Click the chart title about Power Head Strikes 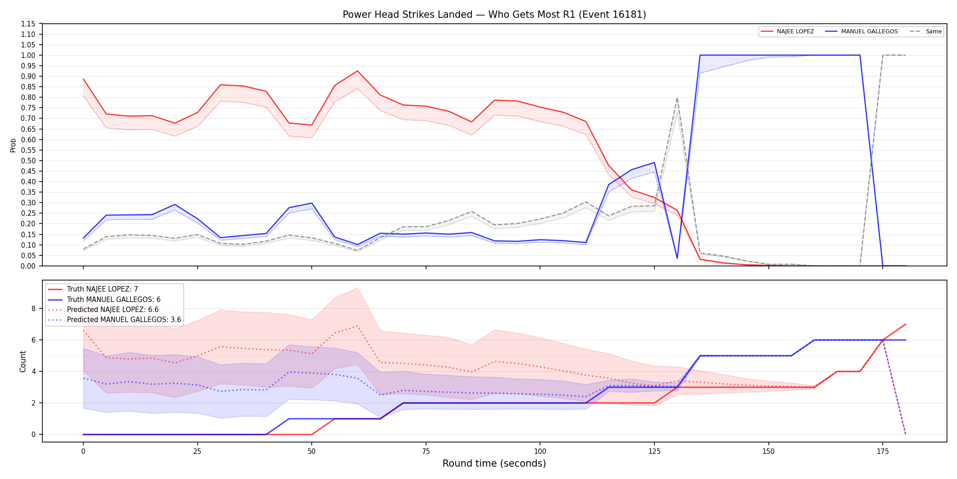click(494, 15)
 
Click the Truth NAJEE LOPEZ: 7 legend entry click(93, 289)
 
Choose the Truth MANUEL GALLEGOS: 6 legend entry click(104, 300)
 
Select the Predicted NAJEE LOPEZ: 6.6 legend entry click(103, 310)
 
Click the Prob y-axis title click(13, 145)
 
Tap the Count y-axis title click(23, 361)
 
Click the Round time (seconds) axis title click(494, 463)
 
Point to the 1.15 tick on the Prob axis click(28, 24)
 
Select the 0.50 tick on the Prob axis click(28, 161)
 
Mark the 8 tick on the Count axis click(33, 308)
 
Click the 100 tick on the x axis click(540, 452)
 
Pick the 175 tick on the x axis click(883, 452)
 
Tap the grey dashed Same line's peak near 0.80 click(677, 98)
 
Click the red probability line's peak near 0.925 click(358, 71)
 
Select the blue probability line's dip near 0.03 click(677, 259)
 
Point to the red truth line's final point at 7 click(906, 324)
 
